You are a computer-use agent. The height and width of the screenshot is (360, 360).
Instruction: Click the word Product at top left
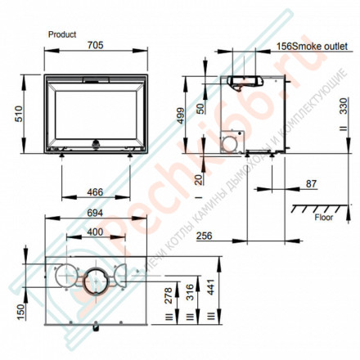point(62,35)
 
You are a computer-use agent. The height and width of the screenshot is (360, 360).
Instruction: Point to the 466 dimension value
point(97,193)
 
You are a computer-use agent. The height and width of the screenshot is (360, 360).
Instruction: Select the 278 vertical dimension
point(169,295)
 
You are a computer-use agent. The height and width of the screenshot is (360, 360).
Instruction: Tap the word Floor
point(323,218)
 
